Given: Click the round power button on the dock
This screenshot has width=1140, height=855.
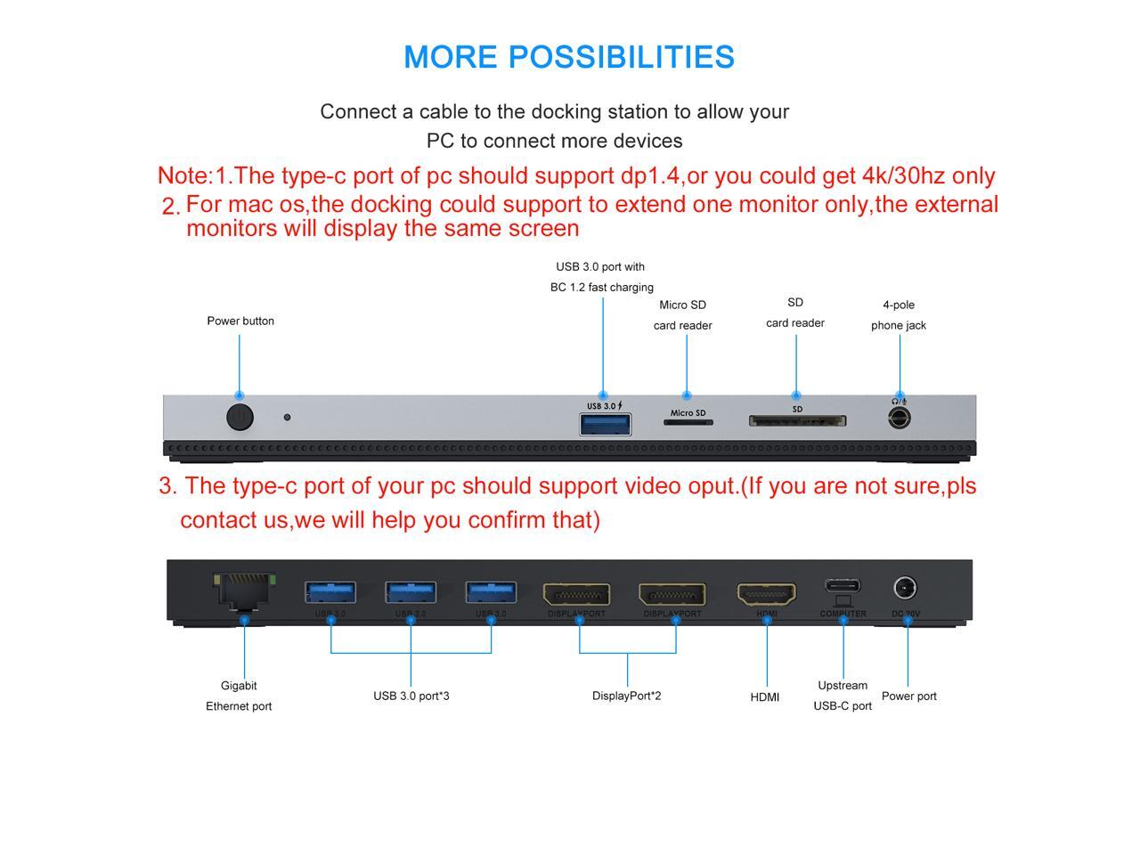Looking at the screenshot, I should click(240, 417).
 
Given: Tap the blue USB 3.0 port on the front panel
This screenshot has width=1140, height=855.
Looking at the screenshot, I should click(606, 424).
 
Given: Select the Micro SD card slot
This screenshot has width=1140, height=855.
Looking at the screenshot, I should click(688, 422).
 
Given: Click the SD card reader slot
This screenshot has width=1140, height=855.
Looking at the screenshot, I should click(797, 420).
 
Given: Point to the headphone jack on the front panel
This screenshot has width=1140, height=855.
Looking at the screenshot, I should click(900, 417).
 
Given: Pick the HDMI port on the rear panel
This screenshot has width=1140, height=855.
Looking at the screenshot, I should click(766, 594).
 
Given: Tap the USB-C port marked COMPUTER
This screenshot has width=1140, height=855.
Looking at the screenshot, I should click(843, 587).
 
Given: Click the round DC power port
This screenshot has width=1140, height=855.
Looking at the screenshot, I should click(906, 588).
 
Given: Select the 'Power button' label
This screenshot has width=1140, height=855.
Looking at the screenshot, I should click(240, 321).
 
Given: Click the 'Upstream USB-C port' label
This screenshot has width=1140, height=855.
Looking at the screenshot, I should click(843, 696).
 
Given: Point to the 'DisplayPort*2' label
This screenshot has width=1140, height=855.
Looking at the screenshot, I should click(627, 696).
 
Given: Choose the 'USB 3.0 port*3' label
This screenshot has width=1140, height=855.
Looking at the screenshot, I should click(411, 696).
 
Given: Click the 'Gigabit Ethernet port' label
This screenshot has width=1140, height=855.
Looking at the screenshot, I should click(239, 696).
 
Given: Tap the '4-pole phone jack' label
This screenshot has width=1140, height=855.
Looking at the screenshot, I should click(899, 315).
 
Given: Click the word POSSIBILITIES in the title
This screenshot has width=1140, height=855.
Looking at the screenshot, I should click(621, 57).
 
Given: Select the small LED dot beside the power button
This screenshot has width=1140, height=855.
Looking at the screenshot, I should click(287, 417).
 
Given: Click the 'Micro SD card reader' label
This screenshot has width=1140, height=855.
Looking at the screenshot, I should click(683, 315).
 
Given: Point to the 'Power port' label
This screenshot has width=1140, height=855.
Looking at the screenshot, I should click(909, 696).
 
